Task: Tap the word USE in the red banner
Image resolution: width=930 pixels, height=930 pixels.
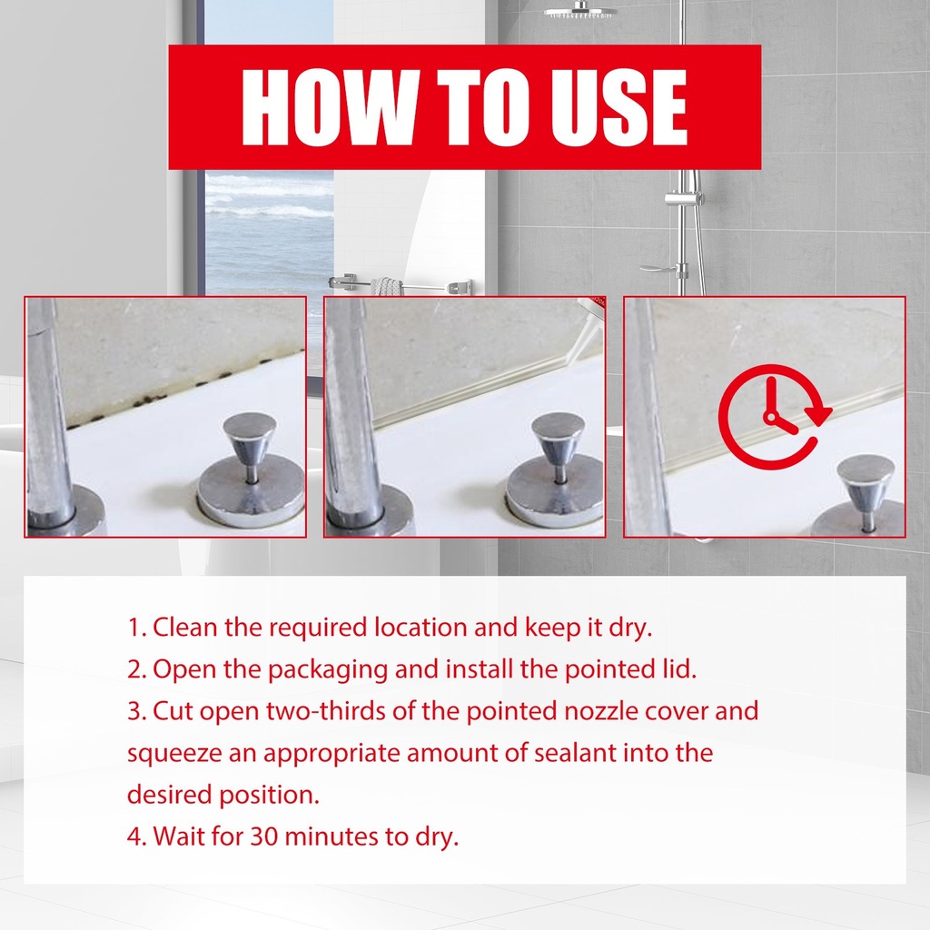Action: click(x=619, y=107)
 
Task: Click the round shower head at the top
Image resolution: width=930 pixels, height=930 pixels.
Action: click(x=580, y=11)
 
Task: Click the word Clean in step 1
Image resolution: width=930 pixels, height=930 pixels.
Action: click(x=185, y=627)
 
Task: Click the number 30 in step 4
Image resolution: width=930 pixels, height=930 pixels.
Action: click(x=264, y=836)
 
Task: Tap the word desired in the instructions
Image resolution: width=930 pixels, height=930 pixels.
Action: click(x=169, y=795)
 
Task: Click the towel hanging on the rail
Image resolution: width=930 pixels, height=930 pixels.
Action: click(x=385, y=286)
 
